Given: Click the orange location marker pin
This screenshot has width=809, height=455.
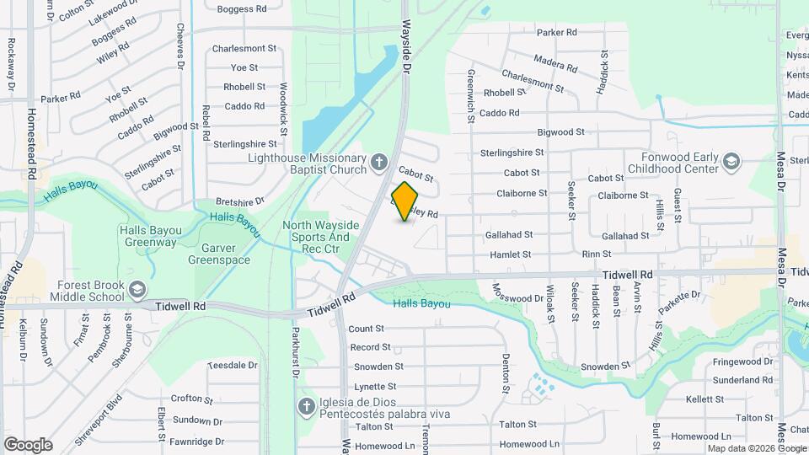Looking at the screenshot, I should point(405,201).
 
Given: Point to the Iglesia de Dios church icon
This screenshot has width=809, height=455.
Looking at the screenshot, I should point(308,408).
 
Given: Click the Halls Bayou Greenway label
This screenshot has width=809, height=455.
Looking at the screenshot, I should point(148,236).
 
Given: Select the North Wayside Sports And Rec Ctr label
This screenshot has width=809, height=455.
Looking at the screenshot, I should point(320,237).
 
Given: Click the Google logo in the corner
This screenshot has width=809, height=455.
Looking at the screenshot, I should point(28,444).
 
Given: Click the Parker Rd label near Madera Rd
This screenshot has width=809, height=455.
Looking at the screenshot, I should point(556,33).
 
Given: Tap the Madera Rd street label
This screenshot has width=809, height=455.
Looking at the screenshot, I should point(555,62).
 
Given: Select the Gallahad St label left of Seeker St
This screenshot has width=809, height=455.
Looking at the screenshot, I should point(508,235).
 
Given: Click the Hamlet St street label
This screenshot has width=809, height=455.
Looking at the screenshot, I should point(510,254).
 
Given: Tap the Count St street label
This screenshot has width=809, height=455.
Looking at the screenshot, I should point(366,329).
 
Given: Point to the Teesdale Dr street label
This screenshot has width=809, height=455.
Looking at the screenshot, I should point(232,365).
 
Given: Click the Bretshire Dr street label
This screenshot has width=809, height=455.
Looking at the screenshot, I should point(240,201).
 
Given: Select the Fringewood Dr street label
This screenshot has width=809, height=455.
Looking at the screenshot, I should point(742,362).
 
